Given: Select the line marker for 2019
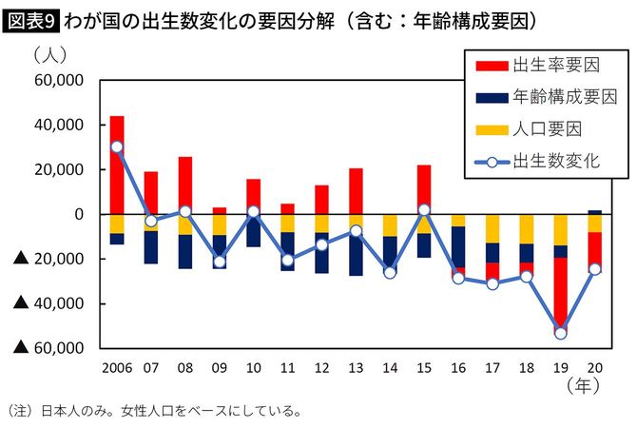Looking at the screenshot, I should (x=560, y=333).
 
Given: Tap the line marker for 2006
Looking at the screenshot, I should (x=117, y=146).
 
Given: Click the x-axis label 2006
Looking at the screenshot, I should (x=117, y=367).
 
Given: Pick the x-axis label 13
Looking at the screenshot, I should (x=356, y=367).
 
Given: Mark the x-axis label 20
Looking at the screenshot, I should (x=594, y=367).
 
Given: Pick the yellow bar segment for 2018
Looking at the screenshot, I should (x=526, y=229).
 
